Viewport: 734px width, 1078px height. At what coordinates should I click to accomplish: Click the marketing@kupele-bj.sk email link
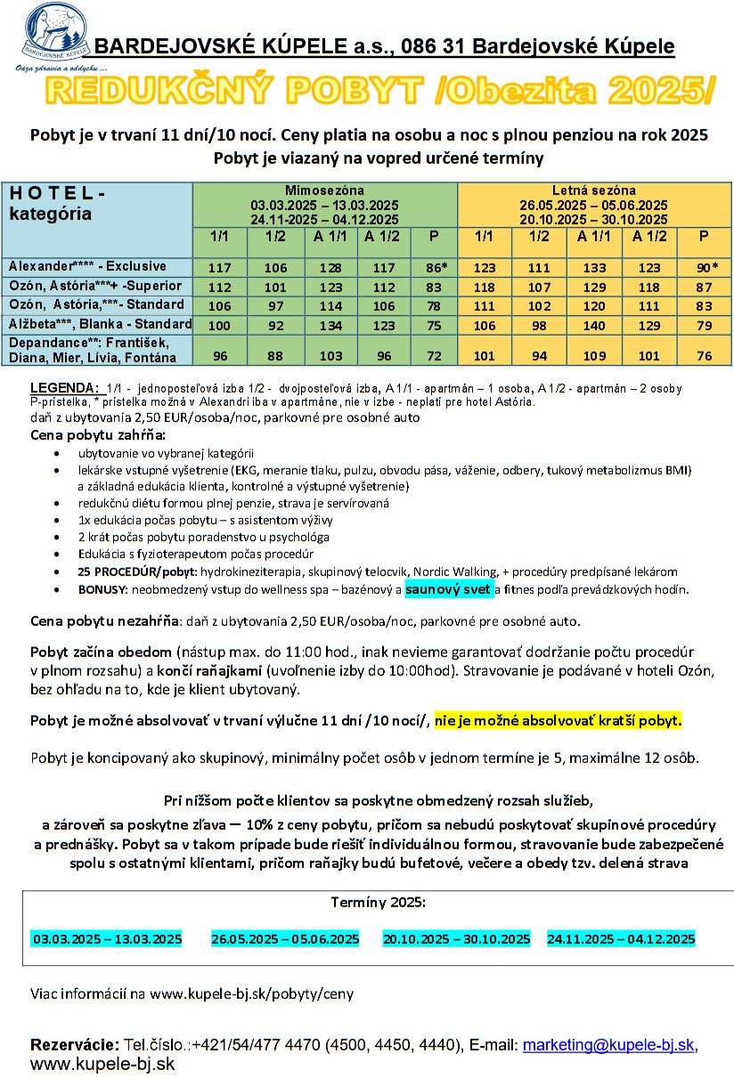(x=608, y=1045)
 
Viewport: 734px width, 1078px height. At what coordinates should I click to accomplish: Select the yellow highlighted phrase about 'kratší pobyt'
(x=559, y=720)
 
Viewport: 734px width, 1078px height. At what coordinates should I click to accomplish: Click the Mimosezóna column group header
(x=324, y=190)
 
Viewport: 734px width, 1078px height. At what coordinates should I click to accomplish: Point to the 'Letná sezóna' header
(x=594, y=190)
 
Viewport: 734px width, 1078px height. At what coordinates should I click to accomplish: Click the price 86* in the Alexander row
(x=434, y=267)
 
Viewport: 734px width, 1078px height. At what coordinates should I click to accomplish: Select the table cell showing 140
(x=594, y=324)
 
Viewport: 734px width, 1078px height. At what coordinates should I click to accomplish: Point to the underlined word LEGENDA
(x=64, y=388)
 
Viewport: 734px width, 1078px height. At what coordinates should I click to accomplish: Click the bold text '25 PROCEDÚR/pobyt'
(x=131, y=571)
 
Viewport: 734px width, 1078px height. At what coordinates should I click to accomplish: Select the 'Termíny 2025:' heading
(x=379, y=902)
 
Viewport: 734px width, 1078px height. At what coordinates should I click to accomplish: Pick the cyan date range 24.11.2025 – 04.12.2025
(x=621, y=939)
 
